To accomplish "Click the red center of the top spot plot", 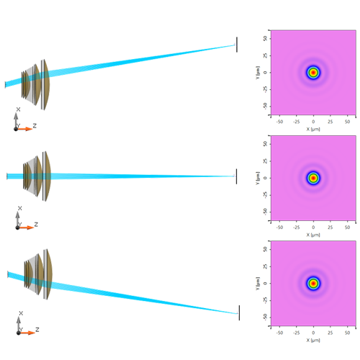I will pos(313,72).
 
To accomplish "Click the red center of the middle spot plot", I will pos(313,178).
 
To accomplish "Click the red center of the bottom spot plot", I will pos(313,283).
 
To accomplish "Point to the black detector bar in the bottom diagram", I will pos(238,312).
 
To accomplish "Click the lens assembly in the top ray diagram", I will pos(36,83).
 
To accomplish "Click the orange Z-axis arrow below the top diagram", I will pos(25,129).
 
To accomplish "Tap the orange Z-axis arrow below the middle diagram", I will pos(26,228).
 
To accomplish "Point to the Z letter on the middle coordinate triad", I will pos(36,225).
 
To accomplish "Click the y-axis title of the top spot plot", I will pos(257,72).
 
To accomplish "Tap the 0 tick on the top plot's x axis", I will pos(313,122).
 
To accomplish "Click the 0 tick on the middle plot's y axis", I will pos(266,178).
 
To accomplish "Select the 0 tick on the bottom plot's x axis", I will pos(313,333).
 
